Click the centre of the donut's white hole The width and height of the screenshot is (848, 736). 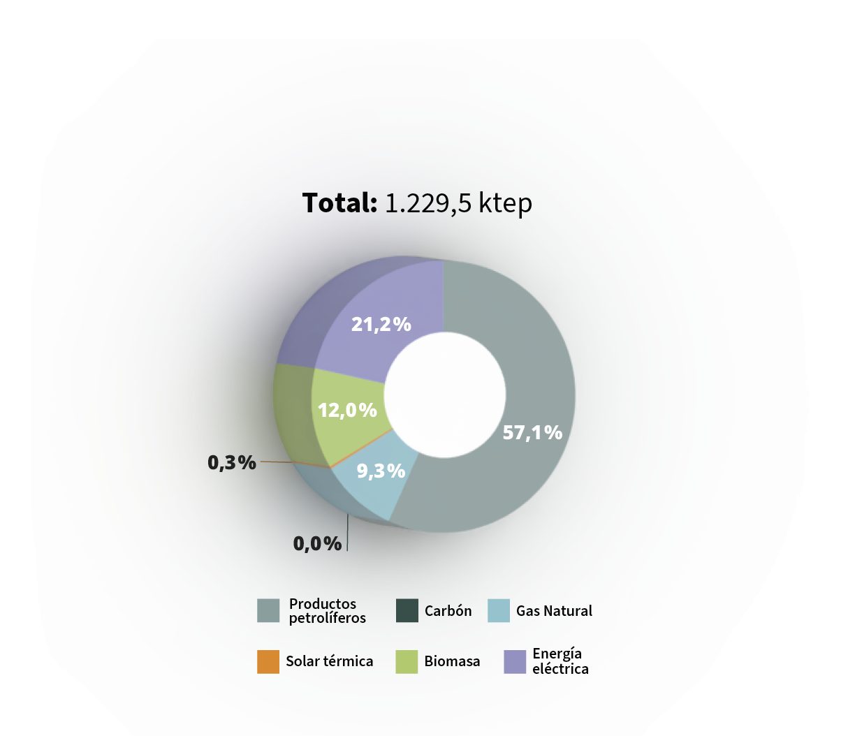(x=445, y=395)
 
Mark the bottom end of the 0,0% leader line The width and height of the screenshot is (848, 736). (x=347, y=551)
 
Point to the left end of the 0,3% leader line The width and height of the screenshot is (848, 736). (x=261, y=462)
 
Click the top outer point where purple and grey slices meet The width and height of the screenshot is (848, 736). (x=443, y=260)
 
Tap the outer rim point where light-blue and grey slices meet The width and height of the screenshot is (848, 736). (x=389, y=520)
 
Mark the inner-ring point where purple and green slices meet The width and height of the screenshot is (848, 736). (x=385, y=383)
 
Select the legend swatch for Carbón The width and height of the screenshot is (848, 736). (x=407, y=610)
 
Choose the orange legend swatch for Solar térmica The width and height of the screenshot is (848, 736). (x=268, y=661)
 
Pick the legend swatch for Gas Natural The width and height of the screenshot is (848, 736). (x=499, y=610)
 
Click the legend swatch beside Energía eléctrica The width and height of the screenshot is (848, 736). (x=515, y=661)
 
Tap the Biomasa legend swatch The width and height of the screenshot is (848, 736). (x=407, y=661)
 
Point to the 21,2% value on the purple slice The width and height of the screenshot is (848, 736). (x=381, y=324)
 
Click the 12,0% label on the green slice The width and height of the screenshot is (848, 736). (x=347, y=411)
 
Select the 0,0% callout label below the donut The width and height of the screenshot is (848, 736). (x=318, y=543)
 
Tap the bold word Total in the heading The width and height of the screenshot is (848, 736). (x=340, y=203)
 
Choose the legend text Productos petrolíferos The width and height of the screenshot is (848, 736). (x=328, y=610)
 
